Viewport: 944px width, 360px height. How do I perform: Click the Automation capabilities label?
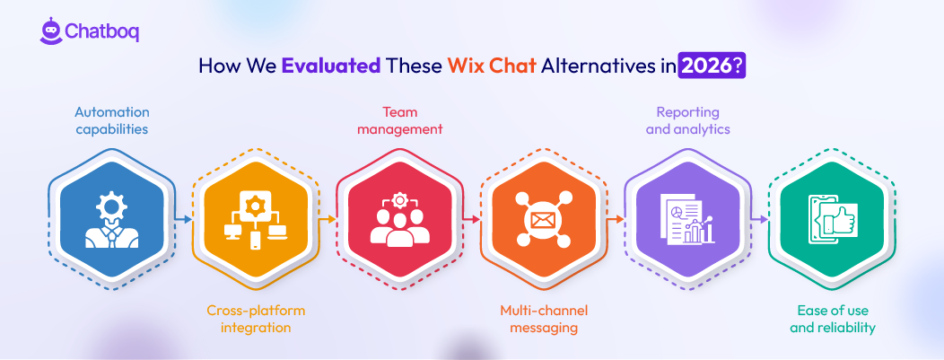click(x=112, y=120)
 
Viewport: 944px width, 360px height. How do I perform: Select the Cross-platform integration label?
click(x=256, y=319)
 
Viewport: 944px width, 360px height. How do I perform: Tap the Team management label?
click(x=400, y=120)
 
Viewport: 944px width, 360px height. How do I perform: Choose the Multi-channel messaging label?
click(x=544, y=319)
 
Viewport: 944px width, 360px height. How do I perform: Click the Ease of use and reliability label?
click(x=833, y=319)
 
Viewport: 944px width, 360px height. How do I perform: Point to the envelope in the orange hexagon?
click(x=544, y=219)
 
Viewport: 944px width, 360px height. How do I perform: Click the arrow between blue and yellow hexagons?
click(x=185, y=218)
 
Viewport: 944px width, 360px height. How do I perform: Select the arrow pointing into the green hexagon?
click(x=760, y=218)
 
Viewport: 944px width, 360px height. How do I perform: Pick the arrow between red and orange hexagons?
click(x=472, y=218)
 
